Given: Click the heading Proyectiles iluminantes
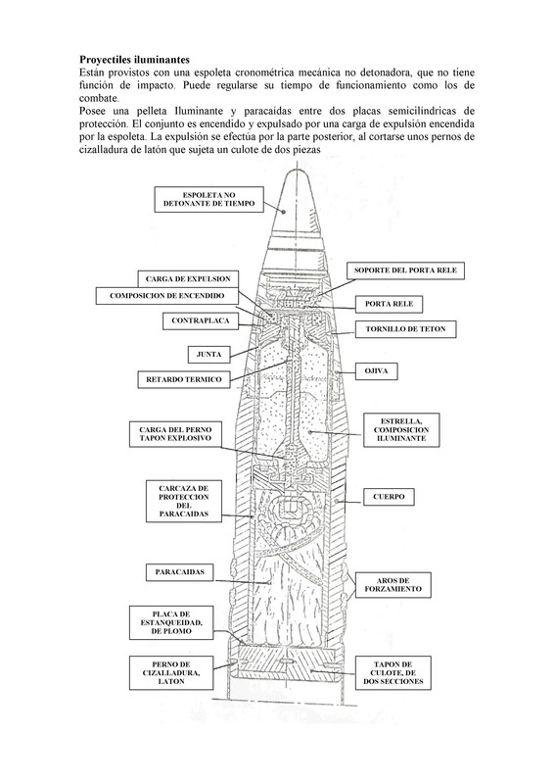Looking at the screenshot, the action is coord(134,60).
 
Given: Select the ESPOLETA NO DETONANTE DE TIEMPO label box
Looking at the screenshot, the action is coord(208,200).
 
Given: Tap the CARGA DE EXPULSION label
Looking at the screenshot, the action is coord(188,279).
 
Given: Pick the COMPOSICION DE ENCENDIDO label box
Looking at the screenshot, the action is coord(166,296).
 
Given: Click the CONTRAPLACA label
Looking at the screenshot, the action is coord(201,321).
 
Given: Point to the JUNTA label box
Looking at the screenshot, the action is coord(208,355).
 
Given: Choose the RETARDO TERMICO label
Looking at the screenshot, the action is coord(184,379).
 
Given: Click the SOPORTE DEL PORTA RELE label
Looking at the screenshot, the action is coord(405,270).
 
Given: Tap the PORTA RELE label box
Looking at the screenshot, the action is coord(390,304).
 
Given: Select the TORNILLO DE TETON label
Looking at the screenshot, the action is coord(405,329).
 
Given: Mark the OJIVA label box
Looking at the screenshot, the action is coord(376,371).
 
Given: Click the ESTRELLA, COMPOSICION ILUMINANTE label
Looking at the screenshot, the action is coord(401,430).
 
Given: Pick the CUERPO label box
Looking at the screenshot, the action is coord(389,497).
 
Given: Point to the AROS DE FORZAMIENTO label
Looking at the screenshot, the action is coord(393,585).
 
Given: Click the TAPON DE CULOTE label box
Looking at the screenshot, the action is coord(393,673).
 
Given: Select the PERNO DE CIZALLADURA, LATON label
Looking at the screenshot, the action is coord(171,673).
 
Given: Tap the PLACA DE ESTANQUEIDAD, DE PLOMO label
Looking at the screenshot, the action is coord(171,622).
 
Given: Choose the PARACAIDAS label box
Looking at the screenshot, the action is coord(180,572).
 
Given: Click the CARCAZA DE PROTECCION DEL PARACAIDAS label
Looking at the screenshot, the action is coord(184,501).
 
